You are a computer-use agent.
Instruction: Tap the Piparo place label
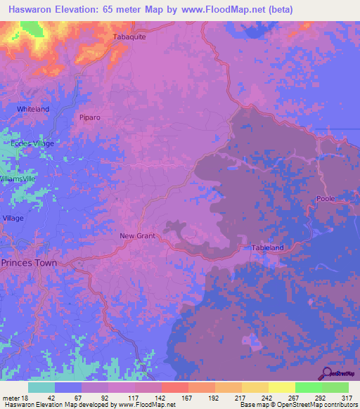(91, 117)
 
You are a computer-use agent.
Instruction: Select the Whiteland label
(33, 110)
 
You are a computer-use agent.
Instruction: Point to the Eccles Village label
(32, 143)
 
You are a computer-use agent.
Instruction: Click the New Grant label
(136, 235)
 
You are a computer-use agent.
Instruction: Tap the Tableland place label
(267, 248)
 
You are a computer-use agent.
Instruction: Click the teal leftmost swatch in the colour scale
(41, 387)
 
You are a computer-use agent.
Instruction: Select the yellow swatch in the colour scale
(282, 387)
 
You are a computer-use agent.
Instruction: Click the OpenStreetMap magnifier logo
(326, 372)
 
